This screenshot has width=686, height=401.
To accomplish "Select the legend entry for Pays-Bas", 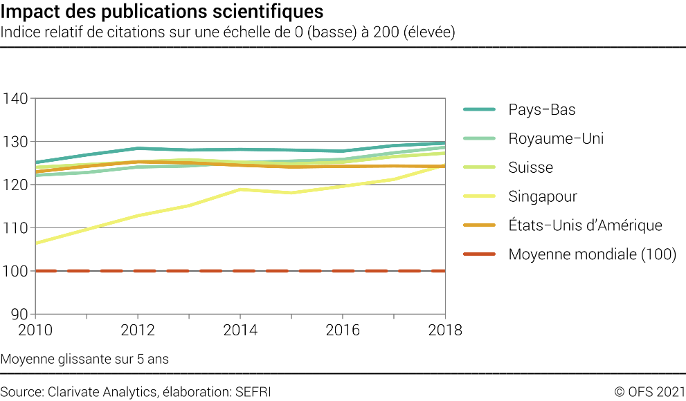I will [541, 110].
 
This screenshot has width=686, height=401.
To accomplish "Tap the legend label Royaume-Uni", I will [556, 138].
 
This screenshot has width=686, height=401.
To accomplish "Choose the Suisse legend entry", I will [530, 167].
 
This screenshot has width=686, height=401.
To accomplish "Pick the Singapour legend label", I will [543, 196].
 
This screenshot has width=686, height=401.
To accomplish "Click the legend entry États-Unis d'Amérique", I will [585, 225].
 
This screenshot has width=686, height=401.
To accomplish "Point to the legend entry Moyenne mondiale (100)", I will [592, 254].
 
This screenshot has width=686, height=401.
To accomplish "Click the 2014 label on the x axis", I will [240, 330].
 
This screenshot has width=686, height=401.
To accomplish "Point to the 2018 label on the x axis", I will [444, 330].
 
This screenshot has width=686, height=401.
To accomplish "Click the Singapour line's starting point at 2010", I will [36, 243].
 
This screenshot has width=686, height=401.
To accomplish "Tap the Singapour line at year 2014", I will [240, 189].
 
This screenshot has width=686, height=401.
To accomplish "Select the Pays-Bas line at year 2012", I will [138, 148].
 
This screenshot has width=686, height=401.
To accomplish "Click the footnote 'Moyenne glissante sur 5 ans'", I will [84, 360].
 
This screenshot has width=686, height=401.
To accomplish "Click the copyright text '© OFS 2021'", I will [649, 392].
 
